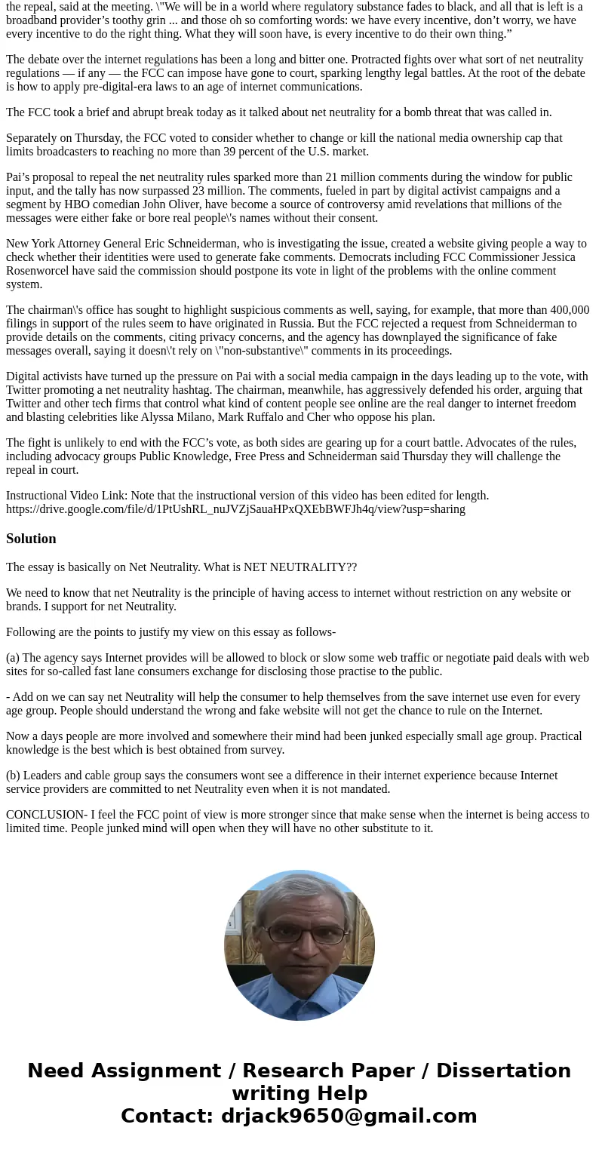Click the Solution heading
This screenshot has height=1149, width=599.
[31, 539]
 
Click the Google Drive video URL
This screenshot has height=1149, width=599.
[235, 509]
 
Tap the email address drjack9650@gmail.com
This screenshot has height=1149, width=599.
[349, 1116]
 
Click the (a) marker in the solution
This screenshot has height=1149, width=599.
[13, 658]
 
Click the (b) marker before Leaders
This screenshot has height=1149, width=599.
[13, 776]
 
